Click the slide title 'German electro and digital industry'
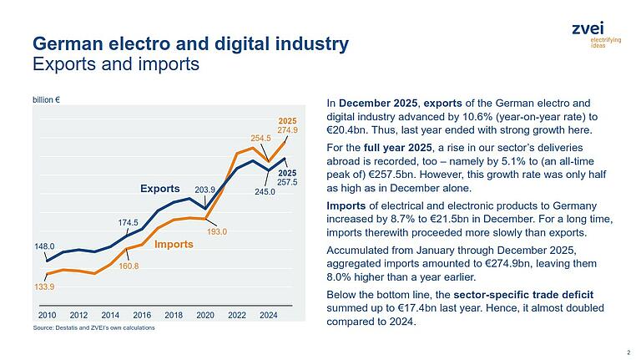click(x=189, y=43)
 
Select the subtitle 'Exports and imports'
click(x=115, y=63)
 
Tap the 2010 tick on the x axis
click(x=48, y=315)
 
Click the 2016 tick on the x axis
click(x=143, y=315)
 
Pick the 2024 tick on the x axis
click(x=269, y=315)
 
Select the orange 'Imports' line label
click(x=174, y=244)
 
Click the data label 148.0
click(x=44, y=246)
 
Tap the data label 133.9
click(x=44, y=286)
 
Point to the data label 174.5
click(x=128, y=222)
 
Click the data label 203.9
click(x=204, y=190)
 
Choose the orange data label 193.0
click(x=217, y=231)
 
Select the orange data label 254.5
click(x=262, y=138)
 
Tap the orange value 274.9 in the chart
click(x=287, y=130)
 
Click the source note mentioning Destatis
click(x=93, y=328)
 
